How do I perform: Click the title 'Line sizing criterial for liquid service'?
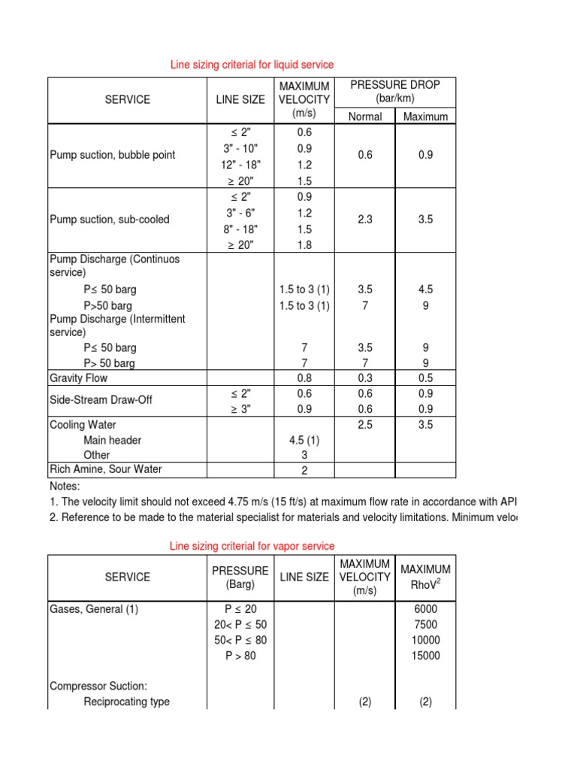(252, 65)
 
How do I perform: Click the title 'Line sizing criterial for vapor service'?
(252, 546)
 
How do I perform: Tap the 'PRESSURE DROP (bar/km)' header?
(395, 92)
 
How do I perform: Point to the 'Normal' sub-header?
(365, 117)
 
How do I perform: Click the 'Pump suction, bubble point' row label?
(112, 155)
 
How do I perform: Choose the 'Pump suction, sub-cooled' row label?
(110, 220)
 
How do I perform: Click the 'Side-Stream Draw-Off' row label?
(101, 400)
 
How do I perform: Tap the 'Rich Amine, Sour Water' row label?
(105, 469)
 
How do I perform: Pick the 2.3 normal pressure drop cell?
(365, 220)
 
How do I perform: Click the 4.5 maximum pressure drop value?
(425, 290)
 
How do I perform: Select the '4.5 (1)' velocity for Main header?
(304, 440)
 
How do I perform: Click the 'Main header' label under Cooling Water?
(113, 440)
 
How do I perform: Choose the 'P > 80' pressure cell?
(240, 656)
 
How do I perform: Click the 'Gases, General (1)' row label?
(95, 609)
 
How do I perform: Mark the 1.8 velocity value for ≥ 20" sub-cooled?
(304, 244)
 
